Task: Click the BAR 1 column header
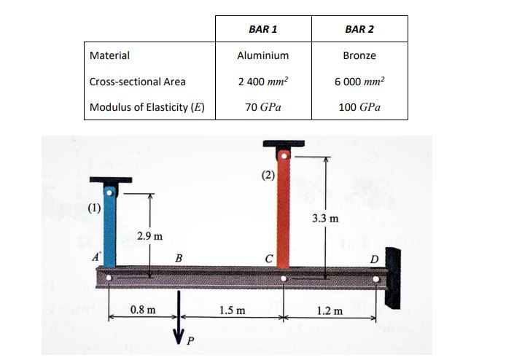[x=263, y=29]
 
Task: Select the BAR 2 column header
[x=359, y=29]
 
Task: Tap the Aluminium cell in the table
[x=263, y=55]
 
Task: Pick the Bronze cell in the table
[x=359, y=55]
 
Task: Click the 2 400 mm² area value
[x=263, y=82]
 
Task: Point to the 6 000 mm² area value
[x=359, y=82]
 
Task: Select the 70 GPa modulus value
[x=263, y=107]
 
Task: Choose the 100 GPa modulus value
[x=359, y=107]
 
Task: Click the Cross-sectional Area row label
[x=138, y=82]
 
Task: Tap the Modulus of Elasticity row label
[x=147, y=107]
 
